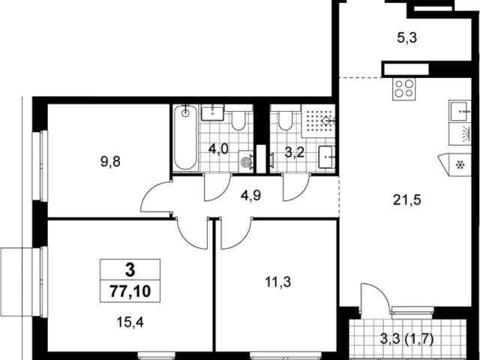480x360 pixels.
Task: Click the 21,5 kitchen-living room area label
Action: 407,200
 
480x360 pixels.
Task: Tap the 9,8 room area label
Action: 110,161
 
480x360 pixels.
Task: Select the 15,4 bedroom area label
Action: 130,322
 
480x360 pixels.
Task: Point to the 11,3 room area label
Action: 278,282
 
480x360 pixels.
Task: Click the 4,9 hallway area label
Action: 250,196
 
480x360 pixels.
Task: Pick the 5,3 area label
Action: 407,38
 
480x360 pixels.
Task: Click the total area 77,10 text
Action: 130,291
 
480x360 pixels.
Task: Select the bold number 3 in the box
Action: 130,270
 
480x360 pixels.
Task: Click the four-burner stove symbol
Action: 404,89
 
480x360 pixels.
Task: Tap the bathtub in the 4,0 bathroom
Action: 185,138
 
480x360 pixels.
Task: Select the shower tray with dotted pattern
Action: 318,121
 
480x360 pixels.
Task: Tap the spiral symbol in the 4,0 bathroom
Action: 245,162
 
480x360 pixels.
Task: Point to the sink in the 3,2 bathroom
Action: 327,157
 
